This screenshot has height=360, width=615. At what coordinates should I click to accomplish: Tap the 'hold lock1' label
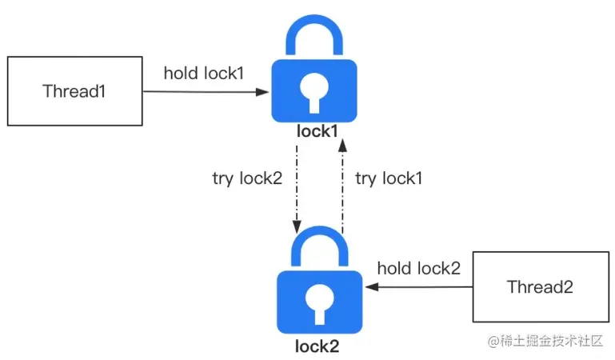click(204, 74)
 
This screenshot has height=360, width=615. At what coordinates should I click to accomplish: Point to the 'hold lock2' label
click(419, 268)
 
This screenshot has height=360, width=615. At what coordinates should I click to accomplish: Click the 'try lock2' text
click(247, 178)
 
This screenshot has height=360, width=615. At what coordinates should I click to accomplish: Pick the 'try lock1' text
click(389, 178)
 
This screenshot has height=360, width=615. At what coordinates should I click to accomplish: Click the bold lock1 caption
click(317, 131)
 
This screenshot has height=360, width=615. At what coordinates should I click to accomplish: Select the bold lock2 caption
click(317, 346)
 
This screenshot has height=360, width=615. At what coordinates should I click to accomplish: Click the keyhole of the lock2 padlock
click(320, 304)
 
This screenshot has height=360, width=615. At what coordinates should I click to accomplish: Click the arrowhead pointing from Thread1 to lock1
click(262, 92)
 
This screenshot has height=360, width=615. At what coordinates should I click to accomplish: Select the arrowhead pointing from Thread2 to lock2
click(372, 287)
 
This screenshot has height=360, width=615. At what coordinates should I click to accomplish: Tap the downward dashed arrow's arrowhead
click(297, 227)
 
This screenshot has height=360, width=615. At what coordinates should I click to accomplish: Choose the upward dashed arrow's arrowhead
click(342, 145)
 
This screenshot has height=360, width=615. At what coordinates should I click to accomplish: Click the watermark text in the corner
click(545, 341)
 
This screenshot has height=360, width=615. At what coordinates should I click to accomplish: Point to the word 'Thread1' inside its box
click(74, 91)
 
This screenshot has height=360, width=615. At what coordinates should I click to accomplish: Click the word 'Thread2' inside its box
click(540, 286)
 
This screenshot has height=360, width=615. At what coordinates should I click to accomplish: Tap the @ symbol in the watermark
click(493, 341)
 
